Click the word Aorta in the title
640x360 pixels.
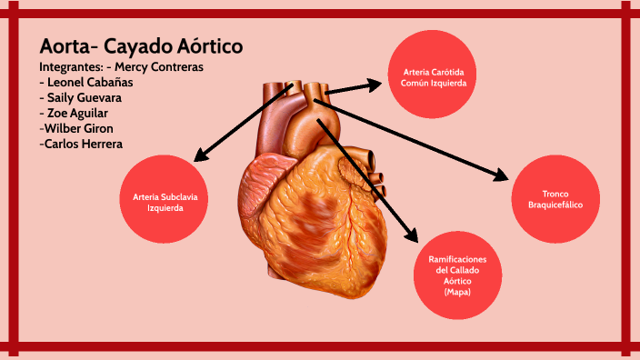pyautogui.click(x=65, y=46)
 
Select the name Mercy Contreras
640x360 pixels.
pyautogui.click(x=160, y=67)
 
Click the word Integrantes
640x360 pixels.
pyautogui.click(x=70, y=67)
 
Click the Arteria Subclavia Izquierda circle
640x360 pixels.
pyautogui.click(x=165, y=201)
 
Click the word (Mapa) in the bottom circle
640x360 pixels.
pyautogui.click(x=458, y=292)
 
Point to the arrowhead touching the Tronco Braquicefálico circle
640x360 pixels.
pyautogui.click(x=502, y=175)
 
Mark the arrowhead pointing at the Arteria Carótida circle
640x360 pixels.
pyautogui.click(x=375, y=85)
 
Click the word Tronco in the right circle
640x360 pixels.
pyautogui.click(x=555, y=195)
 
